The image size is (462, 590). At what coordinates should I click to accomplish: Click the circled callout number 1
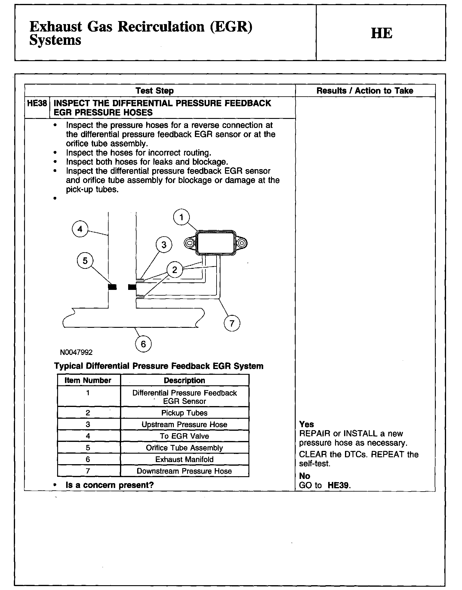click(181, 217)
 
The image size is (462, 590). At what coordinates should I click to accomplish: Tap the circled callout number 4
click(80, 229)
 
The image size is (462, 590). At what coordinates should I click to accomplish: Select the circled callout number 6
click(143, 344)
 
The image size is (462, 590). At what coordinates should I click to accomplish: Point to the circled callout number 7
click(232, 323)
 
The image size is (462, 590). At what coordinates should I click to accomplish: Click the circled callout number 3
click(164, 245)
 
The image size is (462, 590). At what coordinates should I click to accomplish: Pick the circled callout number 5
click(85, 261)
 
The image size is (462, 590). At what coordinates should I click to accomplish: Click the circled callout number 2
click(175, 269)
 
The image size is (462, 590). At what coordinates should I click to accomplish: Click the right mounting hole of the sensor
click(242, 243)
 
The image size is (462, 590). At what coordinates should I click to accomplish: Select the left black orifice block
click(112, 287)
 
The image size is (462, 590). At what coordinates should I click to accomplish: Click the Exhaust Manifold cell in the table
click(184, 459)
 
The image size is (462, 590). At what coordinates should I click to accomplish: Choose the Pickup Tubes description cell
click(184, 413)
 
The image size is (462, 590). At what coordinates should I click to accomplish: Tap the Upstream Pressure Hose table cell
click(184, 424)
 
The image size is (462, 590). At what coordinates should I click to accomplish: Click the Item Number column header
click(88, 380)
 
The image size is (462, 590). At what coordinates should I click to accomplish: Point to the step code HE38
click(37, 104)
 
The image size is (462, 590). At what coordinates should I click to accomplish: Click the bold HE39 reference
click(339, 485)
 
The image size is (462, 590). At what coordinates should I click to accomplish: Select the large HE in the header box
click(381, 33)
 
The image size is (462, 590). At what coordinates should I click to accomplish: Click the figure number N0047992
click(76, 352)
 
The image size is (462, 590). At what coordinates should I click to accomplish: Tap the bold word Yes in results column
click(306, 424)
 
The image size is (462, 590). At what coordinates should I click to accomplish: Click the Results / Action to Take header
click(365, 91)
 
